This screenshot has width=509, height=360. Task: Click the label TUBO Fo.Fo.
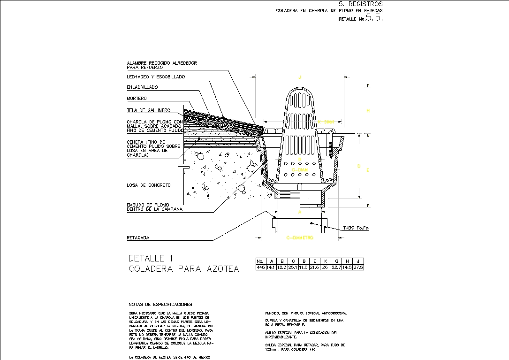(356, 228)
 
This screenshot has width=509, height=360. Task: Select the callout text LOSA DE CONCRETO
(149, 185)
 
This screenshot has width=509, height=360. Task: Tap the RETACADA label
(138, 238)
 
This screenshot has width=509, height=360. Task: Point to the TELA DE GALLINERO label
(148, 111)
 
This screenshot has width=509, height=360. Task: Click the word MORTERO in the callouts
(137, 99)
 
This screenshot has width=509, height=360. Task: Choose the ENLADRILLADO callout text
(142, 87)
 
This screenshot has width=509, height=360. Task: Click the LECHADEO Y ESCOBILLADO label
(156, 77)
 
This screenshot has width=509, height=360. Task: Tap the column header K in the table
(325, 261)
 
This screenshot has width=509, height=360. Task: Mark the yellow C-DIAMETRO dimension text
(299, 238)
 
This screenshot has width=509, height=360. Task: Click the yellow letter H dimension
(368, 111)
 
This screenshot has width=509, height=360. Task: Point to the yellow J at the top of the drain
(300, 77)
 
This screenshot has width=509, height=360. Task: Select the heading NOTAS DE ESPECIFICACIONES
(160, 305)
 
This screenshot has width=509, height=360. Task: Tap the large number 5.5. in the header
(374, 18)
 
